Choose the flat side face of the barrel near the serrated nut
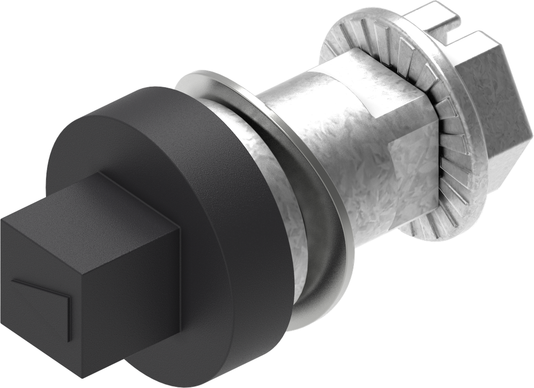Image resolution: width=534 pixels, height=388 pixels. (x=412, y=172)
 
